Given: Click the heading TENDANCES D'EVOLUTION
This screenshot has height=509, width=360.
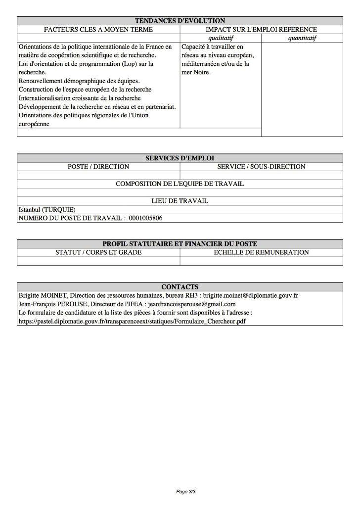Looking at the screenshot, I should tap(180, 21).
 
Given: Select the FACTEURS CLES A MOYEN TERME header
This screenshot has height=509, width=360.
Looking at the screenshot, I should tap(98, 30).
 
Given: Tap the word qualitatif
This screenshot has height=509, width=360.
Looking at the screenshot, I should tap(221, 38).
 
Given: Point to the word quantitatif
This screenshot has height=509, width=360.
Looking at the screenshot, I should tap(302, 38).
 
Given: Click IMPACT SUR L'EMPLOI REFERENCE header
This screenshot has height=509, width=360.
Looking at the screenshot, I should tap(261, 30).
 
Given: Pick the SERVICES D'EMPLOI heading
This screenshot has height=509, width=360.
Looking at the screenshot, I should tap(180, 158).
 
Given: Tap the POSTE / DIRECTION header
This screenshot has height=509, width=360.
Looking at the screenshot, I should tap(98, 167).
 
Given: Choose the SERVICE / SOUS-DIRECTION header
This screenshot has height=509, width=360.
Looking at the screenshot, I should tap(261, 167).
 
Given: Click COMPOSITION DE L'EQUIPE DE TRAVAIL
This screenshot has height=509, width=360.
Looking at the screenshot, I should tap(180, 184).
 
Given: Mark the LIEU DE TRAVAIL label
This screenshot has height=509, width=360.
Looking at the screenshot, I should tap(180, 201).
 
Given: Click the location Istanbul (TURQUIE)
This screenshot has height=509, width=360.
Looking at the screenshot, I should tap(47, 210).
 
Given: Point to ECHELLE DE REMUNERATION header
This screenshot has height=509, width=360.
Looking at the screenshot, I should tap(261, 252).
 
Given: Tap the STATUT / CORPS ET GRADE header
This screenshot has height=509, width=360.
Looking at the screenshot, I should tap(98, 252).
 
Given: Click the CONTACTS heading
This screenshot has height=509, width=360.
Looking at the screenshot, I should tap(180, 287).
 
